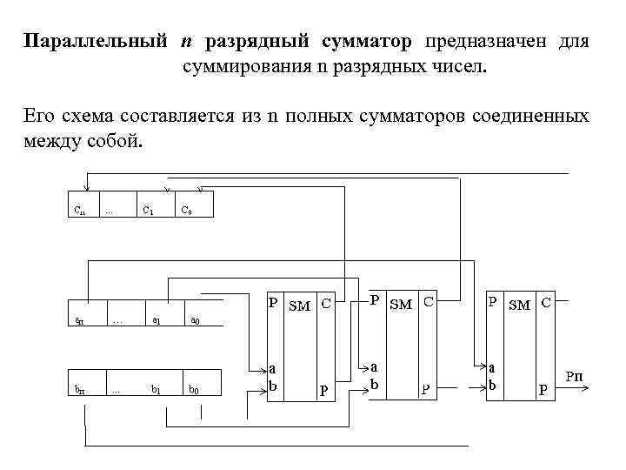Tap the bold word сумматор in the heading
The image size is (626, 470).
(x=365, y=41)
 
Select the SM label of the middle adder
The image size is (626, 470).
(x=402, y=305)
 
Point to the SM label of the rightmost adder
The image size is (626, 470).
(x=521, y=305)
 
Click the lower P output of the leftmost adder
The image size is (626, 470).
(x=323, y=391)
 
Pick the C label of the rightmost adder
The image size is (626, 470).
(x=546, y=304)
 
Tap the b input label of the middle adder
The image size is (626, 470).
(x=375, y=383)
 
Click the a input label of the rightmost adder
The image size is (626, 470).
(x=492, y=369)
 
